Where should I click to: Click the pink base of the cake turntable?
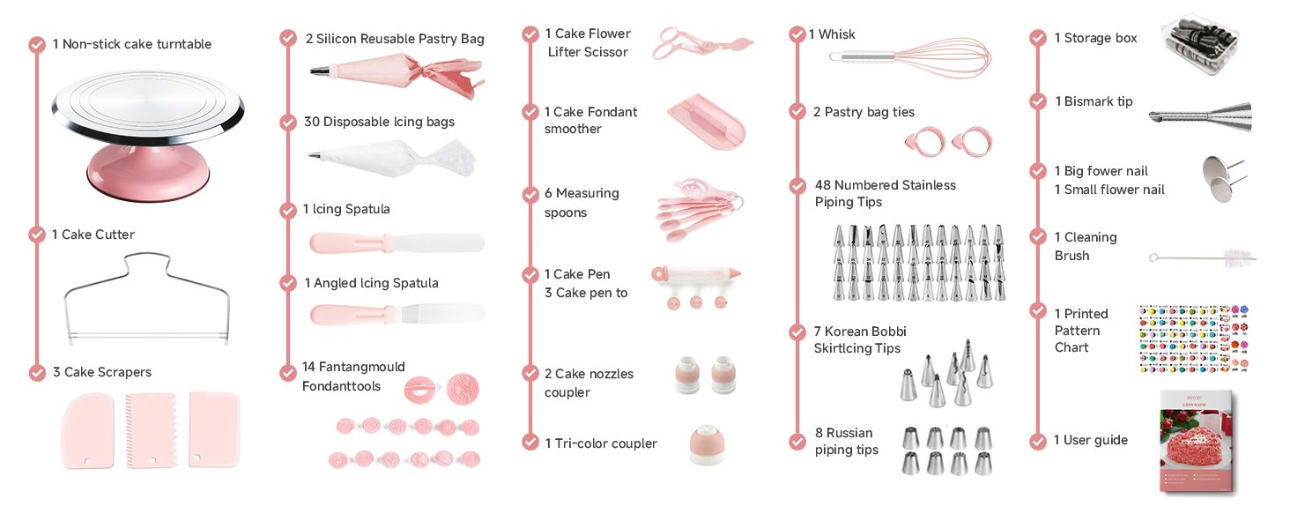pos(148,173)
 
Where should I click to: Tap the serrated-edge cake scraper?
pos(151,430)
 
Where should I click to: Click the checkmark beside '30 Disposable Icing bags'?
pos(288,123)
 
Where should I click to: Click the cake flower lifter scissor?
pos(702,44)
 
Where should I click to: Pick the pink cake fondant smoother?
pos(707,121)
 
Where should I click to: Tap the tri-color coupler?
pos(707,444)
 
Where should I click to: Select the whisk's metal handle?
pos(862,56)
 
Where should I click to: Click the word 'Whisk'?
pos(836,34)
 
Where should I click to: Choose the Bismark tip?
pos(1201,117)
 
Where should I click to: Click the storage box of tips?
pos(1200,43)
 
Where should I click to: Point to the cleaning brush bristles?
pos(1238,257)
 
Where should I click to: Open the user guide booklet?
pos(1197,443)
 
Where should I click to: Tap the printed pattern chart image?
pos(1194,339)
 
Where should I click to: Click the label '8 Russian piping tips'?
pos(847,442)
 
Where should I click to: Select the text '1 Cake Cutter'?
pos(93,235)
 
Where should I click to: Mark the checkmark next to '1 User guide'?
pos(1038,442)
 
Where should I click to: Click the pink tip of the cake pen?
pos(734,273)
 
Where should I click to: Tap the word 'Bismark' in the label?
pos(1089,101)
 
